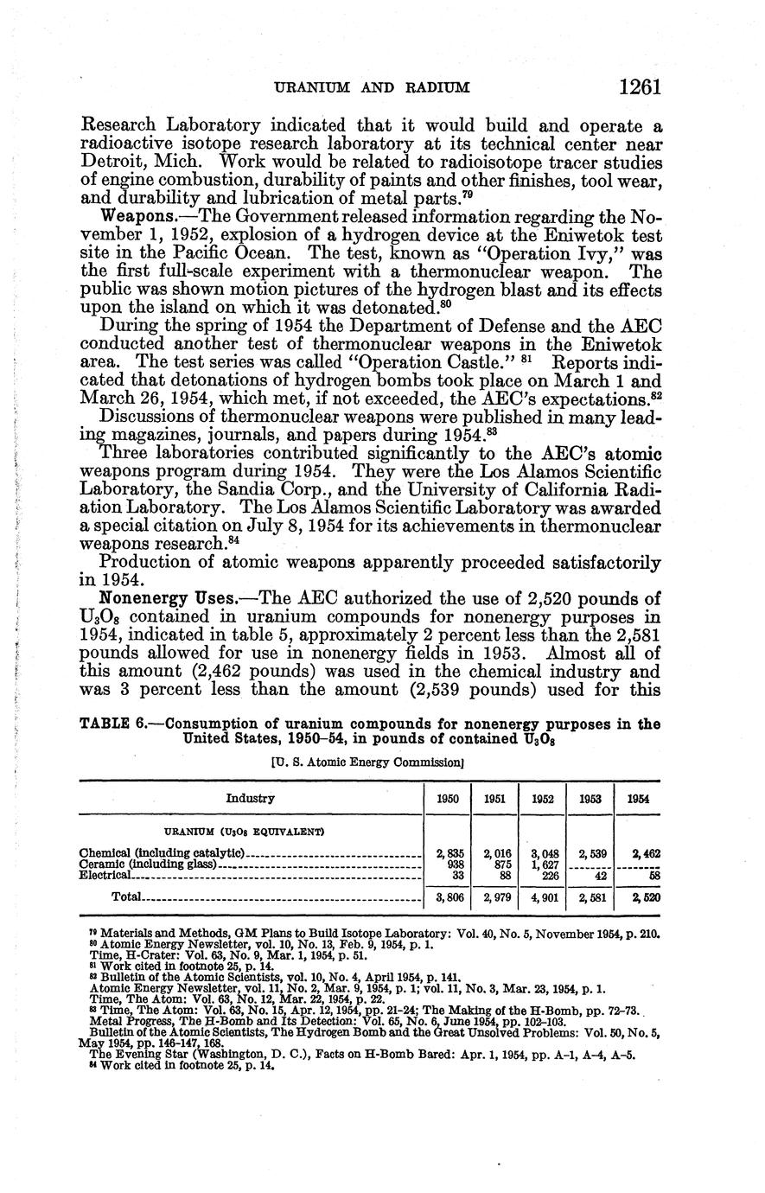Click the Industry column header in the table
pyautogui.click(x=251, y=799)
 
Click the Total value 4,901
pyautogui.click(x=542, y=898)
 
